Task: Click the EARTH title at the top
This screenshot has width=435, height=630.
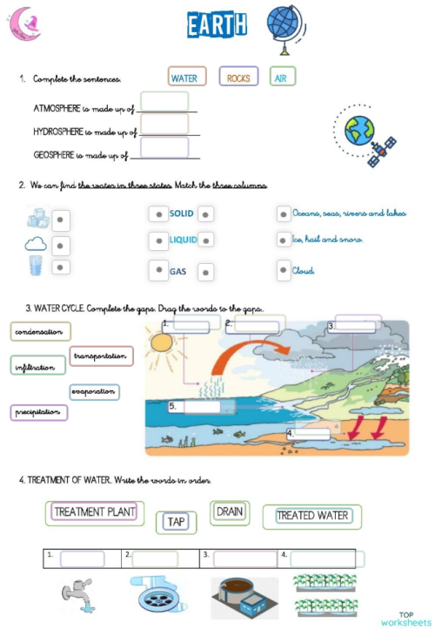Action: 217,25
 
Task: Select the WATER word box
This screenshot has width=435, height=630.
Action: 184,78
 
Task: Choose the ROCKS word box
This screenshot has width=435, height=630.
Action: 238,78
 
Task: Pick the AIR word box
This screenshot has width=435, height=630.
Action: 281,78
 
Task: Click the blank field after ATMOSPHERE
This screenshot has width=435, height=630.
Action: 164,103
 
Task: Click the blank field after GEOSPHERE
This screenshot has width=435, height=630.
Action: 164,148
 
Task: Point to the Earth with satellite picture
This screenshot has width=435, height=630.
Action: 366,135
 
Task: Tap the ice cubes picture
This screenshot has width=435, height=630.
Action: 38,217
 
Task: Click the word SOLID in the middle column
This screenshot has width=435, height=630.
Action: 182,213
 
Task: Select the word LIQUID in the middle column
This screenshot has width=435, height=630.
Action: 183,240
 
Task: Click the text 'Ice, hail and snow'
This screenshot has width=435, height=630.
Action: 327,240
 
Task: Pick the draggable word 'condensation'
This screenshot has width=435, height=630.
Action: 40,332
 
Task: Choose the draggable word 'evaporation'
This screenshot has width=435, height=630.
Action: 93,392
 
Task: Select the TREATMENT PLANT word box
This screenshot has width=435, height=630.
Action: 95,512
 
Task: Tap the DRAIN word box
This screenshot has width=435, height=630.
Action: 230,511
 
